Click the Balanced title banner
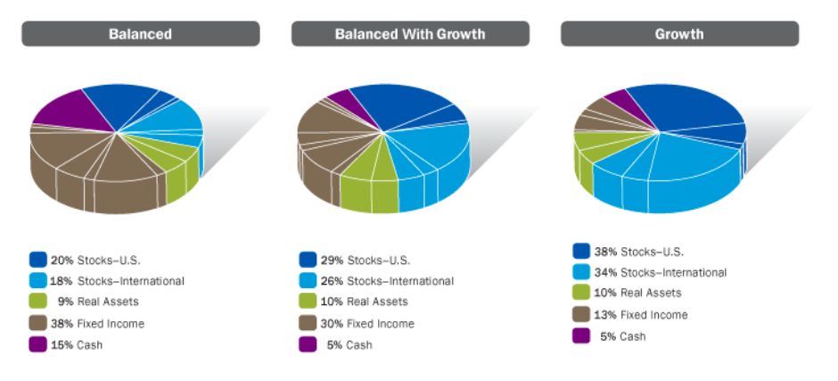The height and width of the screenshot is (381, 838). pyautogui.click(x=141, y=34)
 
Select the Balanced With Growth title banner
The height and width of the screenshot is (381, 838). pyautogui.click(x=410, y=34)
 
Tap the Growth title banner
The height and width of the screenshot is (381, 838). pyautogui.click(x=679, y=34)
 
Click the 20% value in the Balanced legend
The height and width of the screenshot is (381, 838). pyautogui.click(x=62, y=261)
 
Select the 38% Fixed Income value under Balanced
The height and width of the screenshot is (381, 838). pyautogui.click(x=62, y=324)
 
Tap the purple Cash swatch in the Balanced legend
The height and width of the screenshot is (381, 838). pyautogui.click(x=38, y=344)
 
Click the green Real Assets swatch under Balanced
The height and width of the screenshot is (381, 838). pyautogui.click(x=38, y=302)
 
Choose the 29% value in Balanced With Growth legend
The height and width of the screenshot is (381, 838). pyautogui.click(x=332, y=261)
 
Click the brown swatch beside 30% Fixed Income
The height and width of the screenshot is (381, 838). pyautogui.click(x=308, y=323)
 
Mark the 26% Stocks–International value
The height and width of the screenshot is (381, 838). pyautogui.click(x=332, y=281)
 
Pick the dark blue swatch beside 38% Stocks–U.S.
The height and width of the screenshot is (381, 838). pyautogui.click(x=581, y=251)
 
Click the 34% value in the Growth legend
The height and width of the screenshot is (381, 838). pyautogui.click(x=605, y=273)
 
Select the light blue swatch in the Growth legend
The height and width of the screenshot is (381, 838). pyautogui.click(x=581, y=272)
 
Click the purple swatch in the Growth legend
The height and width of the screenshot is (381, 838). pyautogui.click(x=581, y=335)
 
